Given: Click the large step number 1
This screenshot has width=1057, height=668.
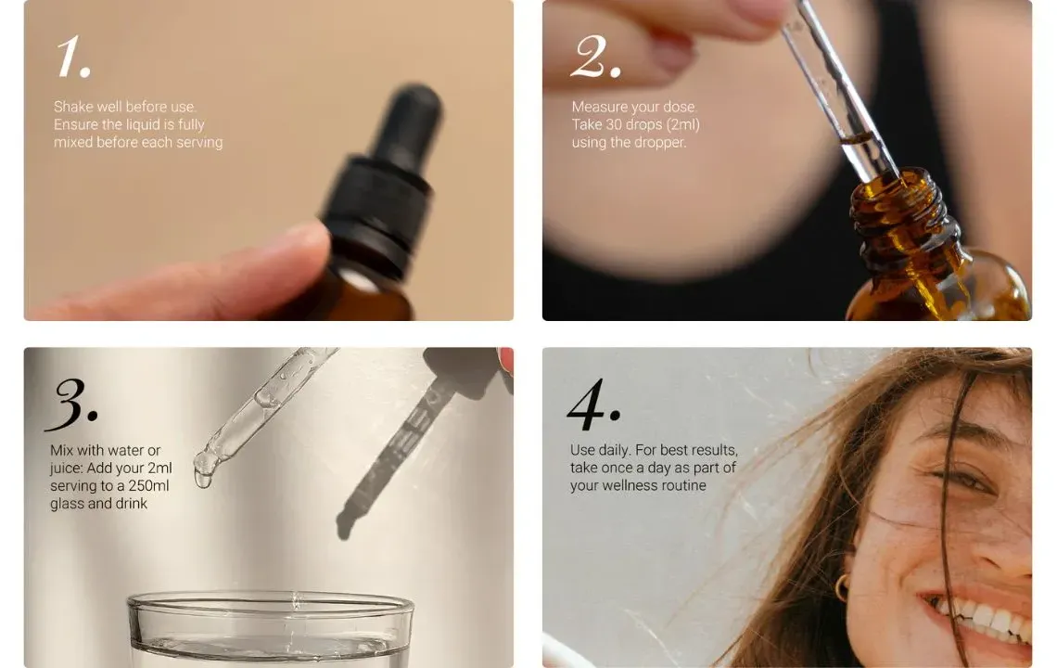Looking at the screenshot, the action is point(73,57).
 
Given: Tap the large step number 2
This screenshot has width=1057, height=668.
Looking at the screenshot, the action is point(595,57).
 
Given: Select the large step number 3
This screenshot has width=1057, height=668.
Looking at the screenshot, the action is point(71,405).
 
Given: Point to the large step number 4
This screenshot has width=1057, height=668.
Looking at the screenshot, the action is point(593,405).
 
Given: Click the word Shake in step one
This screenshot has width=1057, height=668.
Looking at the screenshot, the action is point(73,107).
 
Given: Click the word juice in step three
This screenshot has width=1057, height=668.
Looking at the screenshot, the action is point(66,469).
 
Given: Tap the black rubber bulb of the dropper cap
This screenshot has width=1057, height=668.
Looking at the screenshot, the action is point(406,125).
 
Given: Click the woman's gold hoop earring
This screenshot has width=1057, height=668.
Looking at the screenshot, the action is point(842,587).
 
